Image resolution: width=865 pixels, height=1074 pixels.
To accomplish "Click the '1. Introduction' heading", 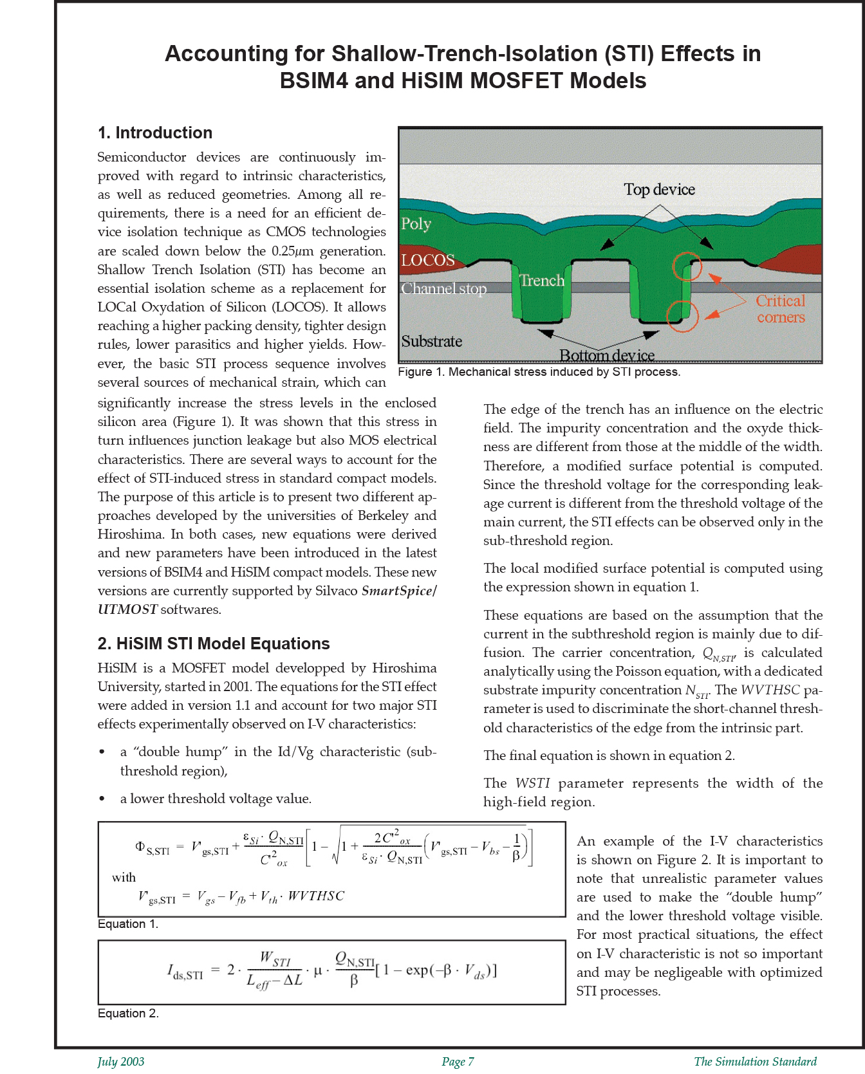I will pyautogui.click(x=154, y=133).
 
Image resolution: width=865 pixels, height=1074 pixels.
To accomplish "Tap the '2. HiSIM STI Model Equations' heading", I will pyautogui.click(x=213, y=643).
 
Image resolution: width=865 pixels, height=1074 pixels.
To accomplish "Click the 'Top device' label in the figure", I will pyautogui.click(x=659, y=189).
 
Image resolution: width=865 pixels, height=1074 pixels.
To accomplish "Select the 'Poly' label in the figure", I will pyautogui.click(x=416, y=223).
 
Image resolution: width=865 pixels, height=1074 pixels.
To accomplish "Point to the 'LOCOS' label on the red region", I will pyautogui.click(x=427, y=260).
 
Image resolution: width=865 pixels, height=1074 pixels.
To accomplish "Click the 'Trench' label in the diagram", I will pyautogui.click(x=542, y=281).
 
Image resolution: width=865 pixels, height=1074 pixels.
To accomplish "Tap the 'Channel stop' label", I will pyautogui.click(x=443, y=289).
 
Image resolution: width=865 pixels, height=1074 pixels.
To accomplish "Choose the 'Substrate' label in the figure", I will pyautogui.click(x=431, y=341).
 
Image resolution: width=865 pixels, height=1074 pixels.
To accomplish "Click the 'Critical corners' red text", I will pyautogui.click(x=780, y=309).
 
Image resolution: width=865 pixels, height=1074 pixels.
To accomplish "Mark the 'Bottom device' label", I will pyautogui.click(x=606, y=355).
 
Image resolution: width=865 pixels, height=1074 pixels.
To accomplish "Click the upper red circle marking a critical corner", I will pyautogui.click(x=687, y=265).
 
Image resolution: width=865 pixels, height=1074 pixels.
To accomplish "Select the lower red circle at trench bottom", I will pyautogui.click(x=682, y=315).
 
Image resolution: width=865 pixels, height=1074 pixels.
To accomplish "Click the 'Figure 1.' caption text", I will pyautogui.click(x=538, y=372).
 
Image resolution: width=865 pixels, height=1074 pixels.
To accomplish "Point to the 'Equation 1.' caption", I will pyautogui.click(x=127, y=924).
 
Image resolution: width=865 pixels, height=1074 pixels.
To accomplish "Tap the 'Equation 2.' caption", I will pyautogui.click(x=127, y=1014).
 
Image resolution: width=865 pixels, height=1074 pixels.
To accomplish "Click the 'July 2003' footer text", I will pyautogui.click(x=121, y=1062).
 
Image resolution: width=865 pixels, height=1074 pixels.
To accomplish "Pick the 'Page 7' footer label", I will pyautogui.click(x=458, y=1062).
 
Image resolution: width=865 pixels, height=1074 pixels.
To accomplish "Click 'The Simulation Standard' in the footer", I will pyautogui.click(x=755, y=1062).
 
